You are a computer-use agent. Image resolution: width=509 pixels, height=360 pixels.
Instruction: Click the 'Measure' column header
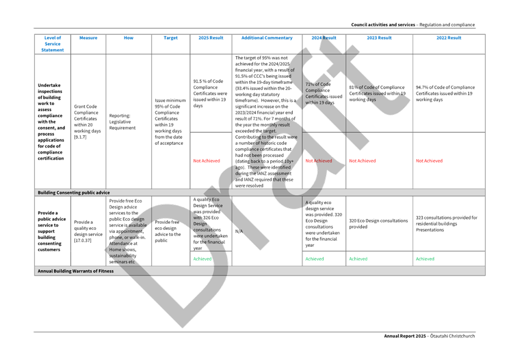pyautogui.click(x=88, y=38)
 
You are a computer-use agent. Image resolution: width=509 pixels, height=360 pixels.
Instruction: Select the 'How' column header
pyautogui.click(x=129, y=38)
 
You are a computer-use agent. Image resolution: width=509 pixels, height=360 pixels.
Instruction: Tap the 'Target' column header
pyautogui.click(x=171, y=38)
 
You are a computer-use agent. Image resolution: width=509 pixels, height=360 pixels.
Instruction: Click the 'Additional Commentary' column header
pyautogui.click(x=266, y=38)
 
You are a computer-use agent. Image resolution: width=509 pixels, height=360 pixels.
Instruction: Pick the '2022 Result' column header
pyautogui.click(x=449, y=38)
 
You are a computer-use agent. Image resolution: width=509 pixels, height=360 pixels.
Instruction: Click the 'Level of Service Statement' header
pyautogui.click(x=53, y=44)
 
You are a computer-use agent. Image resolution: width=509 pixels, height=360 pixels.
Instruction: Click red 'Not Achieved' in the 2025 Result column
pyautogui.click(x=207, y=161)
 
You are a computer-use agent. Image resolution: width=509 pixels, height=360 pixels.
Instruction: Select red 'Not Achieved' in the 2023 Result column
pyautogui.click(x=362, y=161)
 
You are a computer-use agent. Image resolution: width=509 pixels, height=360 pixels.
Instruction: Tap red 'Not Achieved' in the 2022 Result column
pyautogui.click(x=429, y=161)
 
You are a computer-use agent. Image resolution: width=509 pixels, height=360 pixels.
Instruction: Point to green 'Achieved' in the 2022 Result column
pyautogui.click(x=425, y=259)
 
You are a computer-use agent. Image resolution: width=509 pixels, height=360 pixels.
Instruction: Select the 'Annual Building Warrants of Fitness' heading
pyautogui.click(x=75, y=271)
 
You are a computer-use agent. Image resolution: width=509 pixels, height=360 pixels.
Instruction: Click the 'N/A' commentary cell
pyautogui.click(x=239, y=231)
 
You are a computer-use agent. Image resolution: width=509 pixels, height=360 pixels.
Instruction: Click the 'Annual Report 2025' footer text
pyautogui.click(x=429, y=335)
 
